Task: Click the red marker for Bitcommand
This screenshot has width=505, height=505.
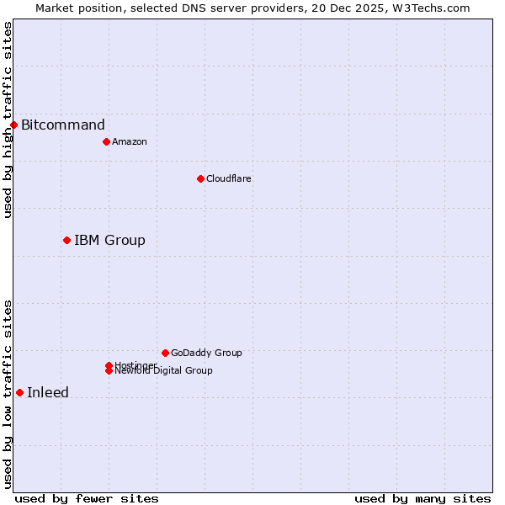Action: (13, 125)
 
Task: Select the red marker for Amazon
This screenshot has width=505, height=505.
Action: (106, 141)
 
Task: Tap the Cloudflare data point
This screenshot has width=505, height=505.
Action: (200, 178)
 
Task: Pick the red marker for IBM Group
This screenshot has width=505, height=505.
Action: (66, 241)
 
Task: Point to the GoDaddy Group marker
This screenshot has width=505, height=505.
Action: (165, 353)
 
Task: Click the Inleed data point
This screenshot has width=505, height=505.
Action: (19, 392)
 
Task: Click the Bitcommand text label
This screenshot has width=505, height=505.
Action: (63, 125)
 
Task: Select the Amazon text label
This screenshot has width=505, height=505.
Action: (129, 141)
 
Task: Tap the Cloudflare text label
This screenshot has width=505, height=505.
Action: (228, 178)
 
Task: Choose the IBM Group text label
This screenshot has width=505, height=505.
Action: (109, 241)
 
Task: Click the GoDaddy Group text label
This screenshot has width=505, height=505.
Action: (206, 353)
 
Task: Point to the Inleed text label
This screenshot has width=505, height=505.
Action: (48, 392)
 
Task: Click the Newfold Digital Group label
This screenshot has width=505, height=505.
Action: (163, 371)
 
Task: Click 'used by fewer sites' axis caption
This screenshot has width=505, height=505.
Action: (87, 498)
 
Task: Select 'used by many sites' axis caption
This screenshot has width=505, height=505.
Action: (423, 498)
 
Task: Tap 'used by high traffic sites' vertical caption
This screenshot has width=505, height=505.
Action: (8, 120)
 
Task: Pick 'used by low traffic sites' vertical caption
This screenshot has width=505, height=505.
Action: (8, 394)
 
